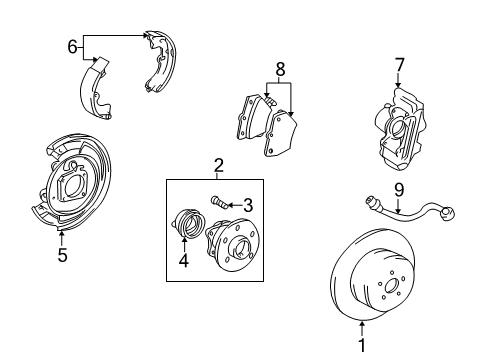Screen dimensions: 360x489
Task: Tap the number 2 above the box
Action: click(x=218, y=165)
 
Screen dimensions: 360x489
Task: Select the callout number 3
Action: click(x=247, y=204)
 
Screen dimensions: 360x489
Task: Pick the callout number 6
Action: click(x=72, y=46)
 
